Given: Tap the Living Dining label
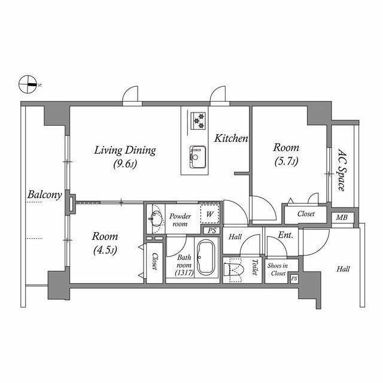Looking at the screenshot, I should (124, 156).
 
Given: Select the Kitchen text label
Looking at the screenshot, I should (231, 138).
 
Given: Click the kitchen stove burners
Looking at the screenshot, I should (197, 120).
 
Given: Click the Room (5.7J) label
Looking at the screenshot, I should (286, 154).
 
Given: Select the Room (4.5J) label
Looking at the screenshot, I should (105, 242).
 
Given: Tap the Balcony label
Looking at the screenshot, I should (44, 195).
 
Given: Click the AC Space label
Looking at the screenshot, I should (341, 170).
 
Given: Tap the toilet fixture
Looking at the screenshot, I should (235, 270).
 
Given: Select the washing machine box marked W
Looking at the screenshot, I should (210, 214).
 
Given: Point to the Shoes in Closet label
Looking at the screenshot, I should (276, 269).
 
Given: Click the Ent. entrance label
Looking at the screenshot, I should (285, 236).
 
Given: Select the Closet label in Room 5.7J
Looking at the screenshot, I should (306, 213).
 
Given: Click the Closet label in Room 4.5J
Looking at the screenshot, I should (154, 261).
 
